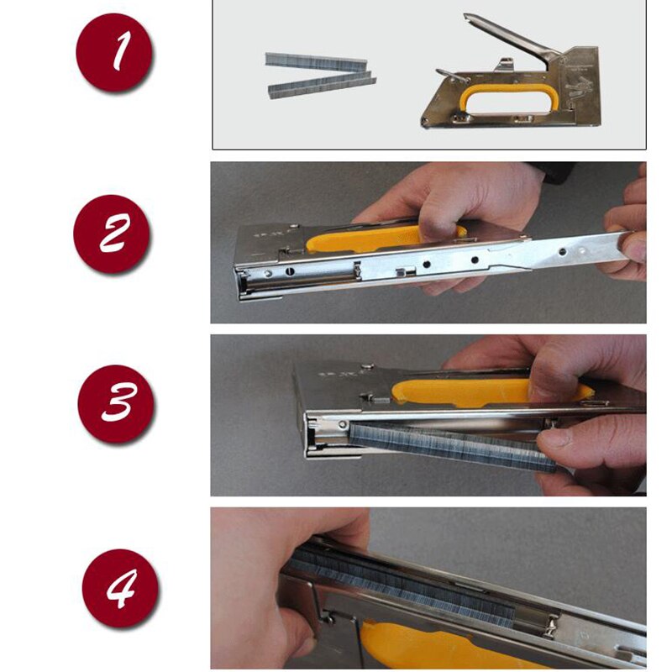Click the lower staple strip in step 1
click(322, 86)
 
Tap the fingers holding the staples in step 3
click(580, 449)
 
